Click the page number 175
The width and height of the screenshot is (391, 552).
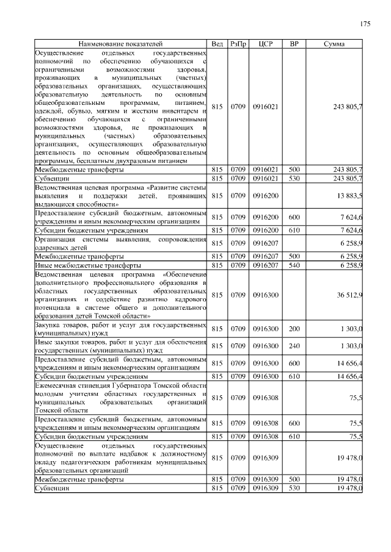coord(365,24)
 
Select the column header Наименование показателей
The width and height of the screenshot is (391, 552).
coord(121,45)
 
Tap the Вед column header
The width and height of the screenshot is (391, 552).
coord(217,45)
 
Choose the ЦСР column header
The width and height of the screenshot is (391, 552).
coord(265,45)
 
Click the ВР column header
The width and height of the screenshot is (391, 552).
coord(294,45)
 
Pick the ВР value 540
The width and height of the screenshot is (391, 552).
coord(294,266)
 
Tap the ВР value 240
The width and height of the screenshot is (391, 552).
coord(294,346)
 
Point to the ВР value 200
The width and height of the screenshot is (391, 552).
coord(294,329)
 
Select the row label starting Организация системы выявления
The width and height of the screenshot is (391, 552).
coord(121,244)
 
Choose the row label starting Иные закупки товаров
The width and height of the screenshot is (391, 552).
coord(121,346)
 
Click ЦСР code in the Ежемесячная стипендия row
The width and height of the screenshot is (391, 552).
coord(265,398)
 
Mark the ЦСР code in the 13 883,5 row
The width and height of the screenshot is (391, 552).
coord(265,196)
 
